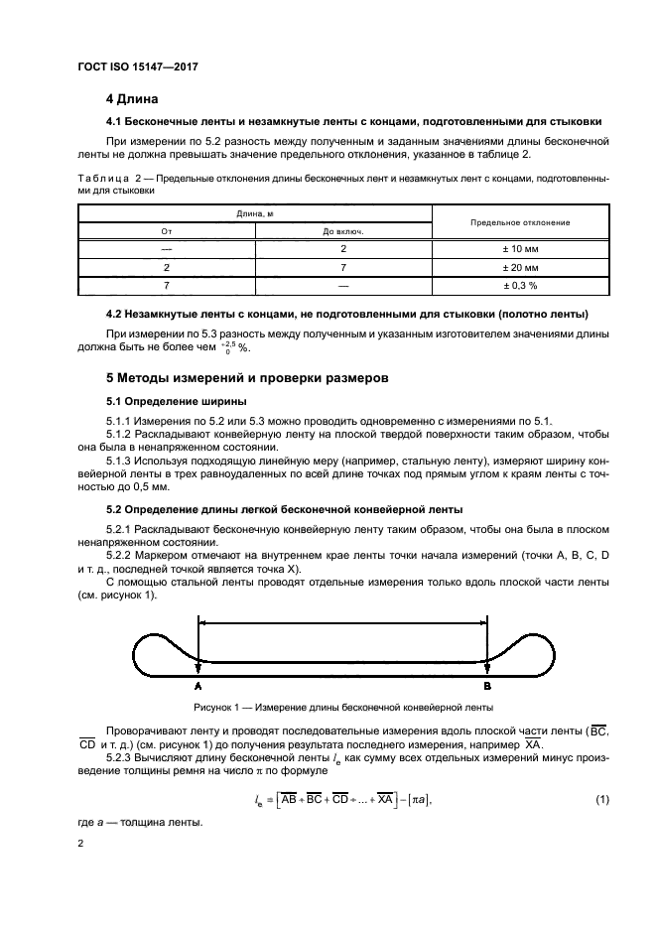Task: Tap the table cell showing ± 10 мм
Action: point(519,250)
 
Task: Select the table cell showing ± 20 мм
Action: point(519,268)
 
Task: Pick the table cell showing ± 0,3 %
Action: point(519,286)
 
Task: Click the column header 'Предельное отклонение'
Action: point(519,223)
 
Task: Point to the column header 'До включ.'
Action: point(343,232)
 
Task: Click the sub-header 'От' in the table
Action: point(167,232)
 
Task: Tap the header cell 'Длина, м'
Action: point(255,213)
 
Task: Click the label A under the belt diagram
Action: point(198,686)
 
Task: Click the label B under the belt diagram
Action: point(486,686)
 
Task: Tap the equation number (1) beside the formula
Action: point(600,799)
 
